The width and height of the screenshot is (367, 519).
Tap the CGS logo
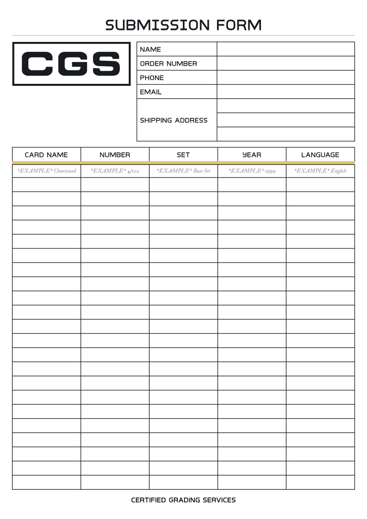pyautogui.click(x=71, y=64)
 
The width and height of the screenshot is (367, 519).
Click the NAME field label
pyautogui.click(x=150, y=49)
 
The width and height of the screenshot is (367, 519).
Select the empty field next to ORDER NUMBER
pyautogui.click(x=286, y=63)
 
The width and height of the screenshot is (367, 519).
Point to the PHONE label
pyautogui.click(x=152, y=78)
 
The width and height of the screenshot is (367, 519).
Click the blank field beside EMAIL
pyautogui.click(x=286, y=92)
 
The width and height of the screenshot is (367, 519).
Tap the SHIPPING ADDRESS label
pyautogui.click(x=173, y=120)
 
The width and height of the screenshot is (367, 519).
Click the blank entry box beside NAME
pyautogui.click(x=286, y=49)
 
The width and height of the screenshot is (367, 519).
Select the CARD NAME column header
pyautogui.click(x=46, y=155)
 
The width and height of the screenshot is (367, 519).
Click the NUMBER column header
pyautogui.click(x=115, y=155)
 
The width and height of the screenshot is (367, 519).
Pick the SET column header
pyautogui.click(x=183, y=155)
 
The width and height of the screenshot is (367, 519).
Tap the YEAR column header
pyautogui.click(x=252, y=155)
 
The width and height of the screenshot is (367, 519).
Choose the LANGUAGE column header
pyautogui.click(x=320, y=155)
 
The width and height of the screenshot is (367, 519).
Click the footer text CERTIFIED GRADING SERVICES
pyautogui.click(x=183, y=500)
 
